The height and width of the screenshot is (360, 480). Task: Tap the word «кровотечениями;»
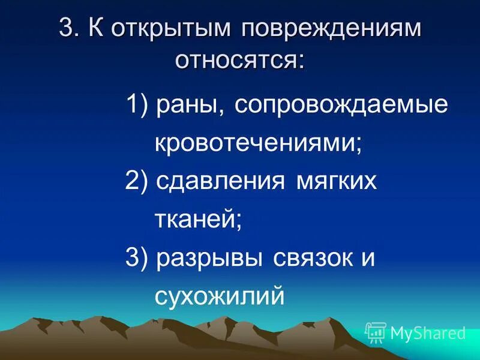click(259, 143)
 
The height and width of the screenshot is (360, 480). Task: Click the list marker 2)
click(137, 181)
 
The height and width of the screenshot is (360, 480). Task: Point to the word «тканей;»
click(198, 220)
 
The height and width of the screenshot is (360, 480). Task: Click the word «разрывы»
click(210, 258)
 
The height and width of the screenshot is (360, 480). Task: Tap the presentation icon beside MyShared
click(376, 332)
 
